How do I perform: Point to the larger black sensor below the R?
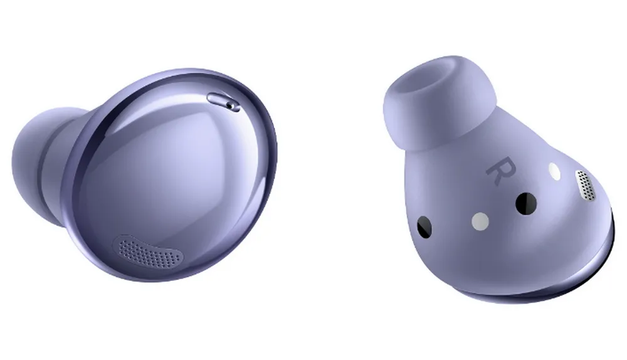525,202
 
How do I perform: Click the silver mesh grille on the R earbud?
584,186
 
